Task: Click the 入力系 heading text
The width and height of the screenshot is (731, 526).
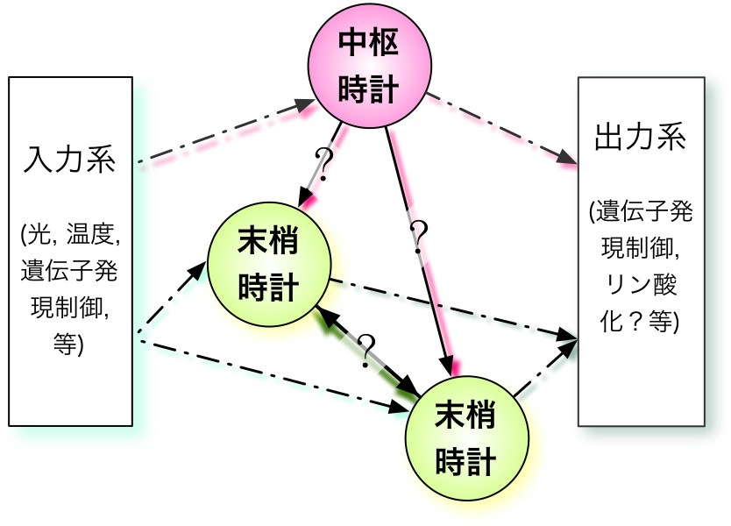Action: click(x=70, y=161)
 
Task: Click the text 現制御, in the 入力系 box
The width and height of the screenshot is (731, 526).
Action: click(x=70, y=309)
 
